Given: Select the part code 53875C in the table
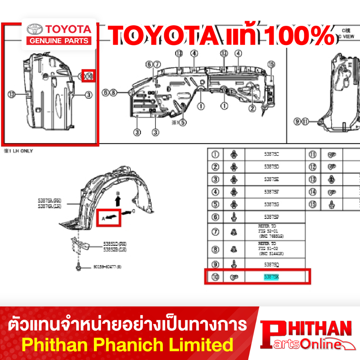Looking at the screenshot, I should pos(271,154).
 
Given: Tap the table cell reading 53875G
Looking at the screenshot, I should pos(271,204).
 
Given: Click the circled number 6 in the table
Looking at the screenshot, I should pos(216,217).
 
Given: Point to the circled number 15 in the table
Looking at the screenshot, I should pos(313,204).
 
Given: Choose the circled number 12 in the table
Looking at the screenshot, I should pos(313,167).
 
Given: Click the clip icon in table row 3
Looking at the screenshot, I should pos(234,179).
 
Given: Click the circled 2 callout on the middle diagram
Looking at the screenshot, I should pos(252,108).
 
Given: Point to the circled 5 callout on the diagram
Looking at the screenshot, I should pos(182,122).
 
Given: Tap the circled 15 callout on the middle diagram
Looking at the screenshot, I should pos(271,64).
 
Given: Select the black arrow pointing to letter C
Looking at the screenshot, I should pos(126,212).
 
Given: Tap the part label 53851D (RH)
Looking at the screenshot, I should pos(115,244).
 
